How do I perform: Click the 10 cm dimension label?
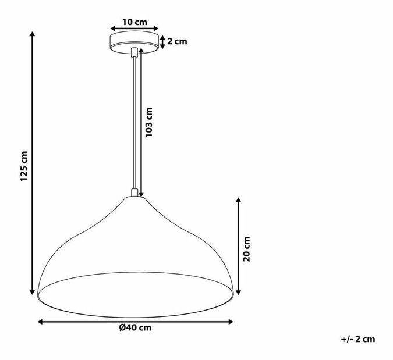(134, 22)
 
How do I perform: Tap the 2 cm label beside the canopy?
(176, 41)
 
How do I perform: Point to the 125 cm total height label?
(23, 166)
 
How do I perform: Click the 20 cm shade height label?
(246, 249)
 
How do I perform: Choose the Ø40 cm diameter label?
(135, 327)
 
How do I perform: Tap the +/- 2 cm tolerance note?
(358, 338)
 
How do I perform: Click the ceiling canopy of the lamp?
(134, 41)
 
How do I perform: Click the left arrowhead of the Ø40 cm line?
(41, 320)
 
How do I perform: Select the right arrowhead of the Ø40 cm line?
(231, 320)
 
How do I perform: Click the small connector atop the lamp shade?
(134, 193)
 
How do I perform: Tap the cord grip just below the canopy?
(134, 52)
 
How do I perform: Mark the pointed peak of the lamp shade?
(134, 198)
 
